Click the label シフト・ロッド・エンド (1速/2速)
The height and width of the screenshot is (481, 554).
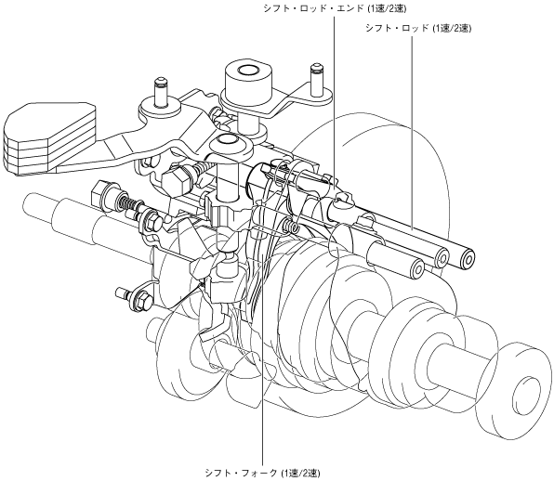(x=335, y=8)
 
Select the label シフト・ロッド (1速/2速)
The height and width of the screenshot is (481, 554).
(x=418, y=28)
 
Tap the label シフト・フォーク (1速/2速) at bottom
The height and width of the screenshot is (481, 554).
(x=262, y=473)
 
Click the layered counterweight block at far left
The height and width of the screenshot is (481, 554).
(x=48, y=139)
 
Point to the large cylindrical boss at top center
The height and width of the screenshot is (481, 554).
(x=248, y=83)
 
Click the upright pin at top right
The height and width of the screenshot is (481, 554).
(x=316, y=80)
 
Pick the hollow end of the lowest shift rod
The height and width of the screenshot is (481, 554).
(x=417, y=269)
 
